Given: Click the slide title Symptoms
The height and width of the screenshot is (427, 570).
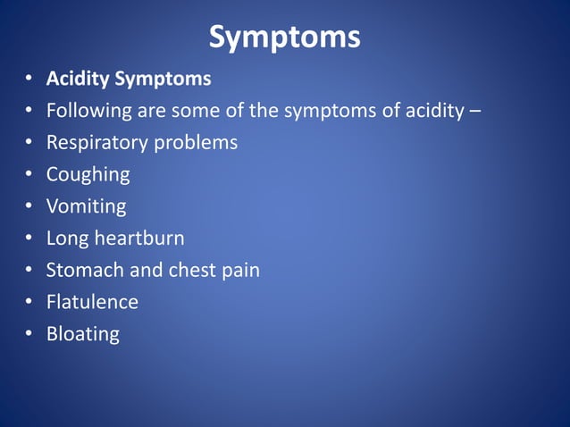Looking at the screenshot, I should [285, 38].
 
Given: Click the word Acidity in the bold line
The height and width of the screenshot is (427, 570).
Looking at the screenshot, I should [77, 80].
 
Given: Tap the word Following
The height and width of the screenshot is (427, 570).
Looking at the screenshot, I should [88, 112].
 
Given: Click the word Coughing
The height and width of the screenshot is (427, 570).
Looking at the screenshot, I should [88, 175].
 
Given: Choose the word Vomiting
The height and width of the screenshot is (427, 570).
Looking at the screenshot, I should [86, 206].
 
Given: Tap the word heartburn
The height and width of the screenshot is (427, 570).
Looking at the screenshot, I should [140, 239].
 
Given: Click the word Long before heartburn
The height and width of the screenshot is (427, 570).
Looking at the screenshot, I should [68, 239].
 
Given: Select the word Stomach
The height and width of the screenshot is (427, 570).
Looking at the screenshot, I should [84, 270].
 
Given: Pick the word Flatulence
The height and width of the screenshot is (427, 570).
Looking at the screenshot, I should [92, 302].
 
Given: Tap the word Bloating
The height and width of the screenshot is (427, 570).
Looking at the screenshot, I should [82, 334].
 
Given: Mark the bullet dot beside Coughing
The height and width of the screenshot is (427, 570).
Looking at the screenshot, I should [29, 175].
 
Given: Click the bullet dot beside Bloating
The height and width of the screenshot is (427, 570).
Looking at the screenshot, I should [29, 334].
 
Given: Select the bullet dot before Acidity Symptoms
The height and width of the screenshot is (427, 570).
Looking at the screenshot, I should [29, 80].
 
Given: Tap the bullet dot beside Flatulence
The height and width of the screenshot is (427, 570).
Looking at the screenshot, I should [29, 302].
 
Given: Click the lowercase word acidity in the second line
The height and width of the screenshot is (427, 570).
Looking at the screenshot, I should [433, 112].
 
